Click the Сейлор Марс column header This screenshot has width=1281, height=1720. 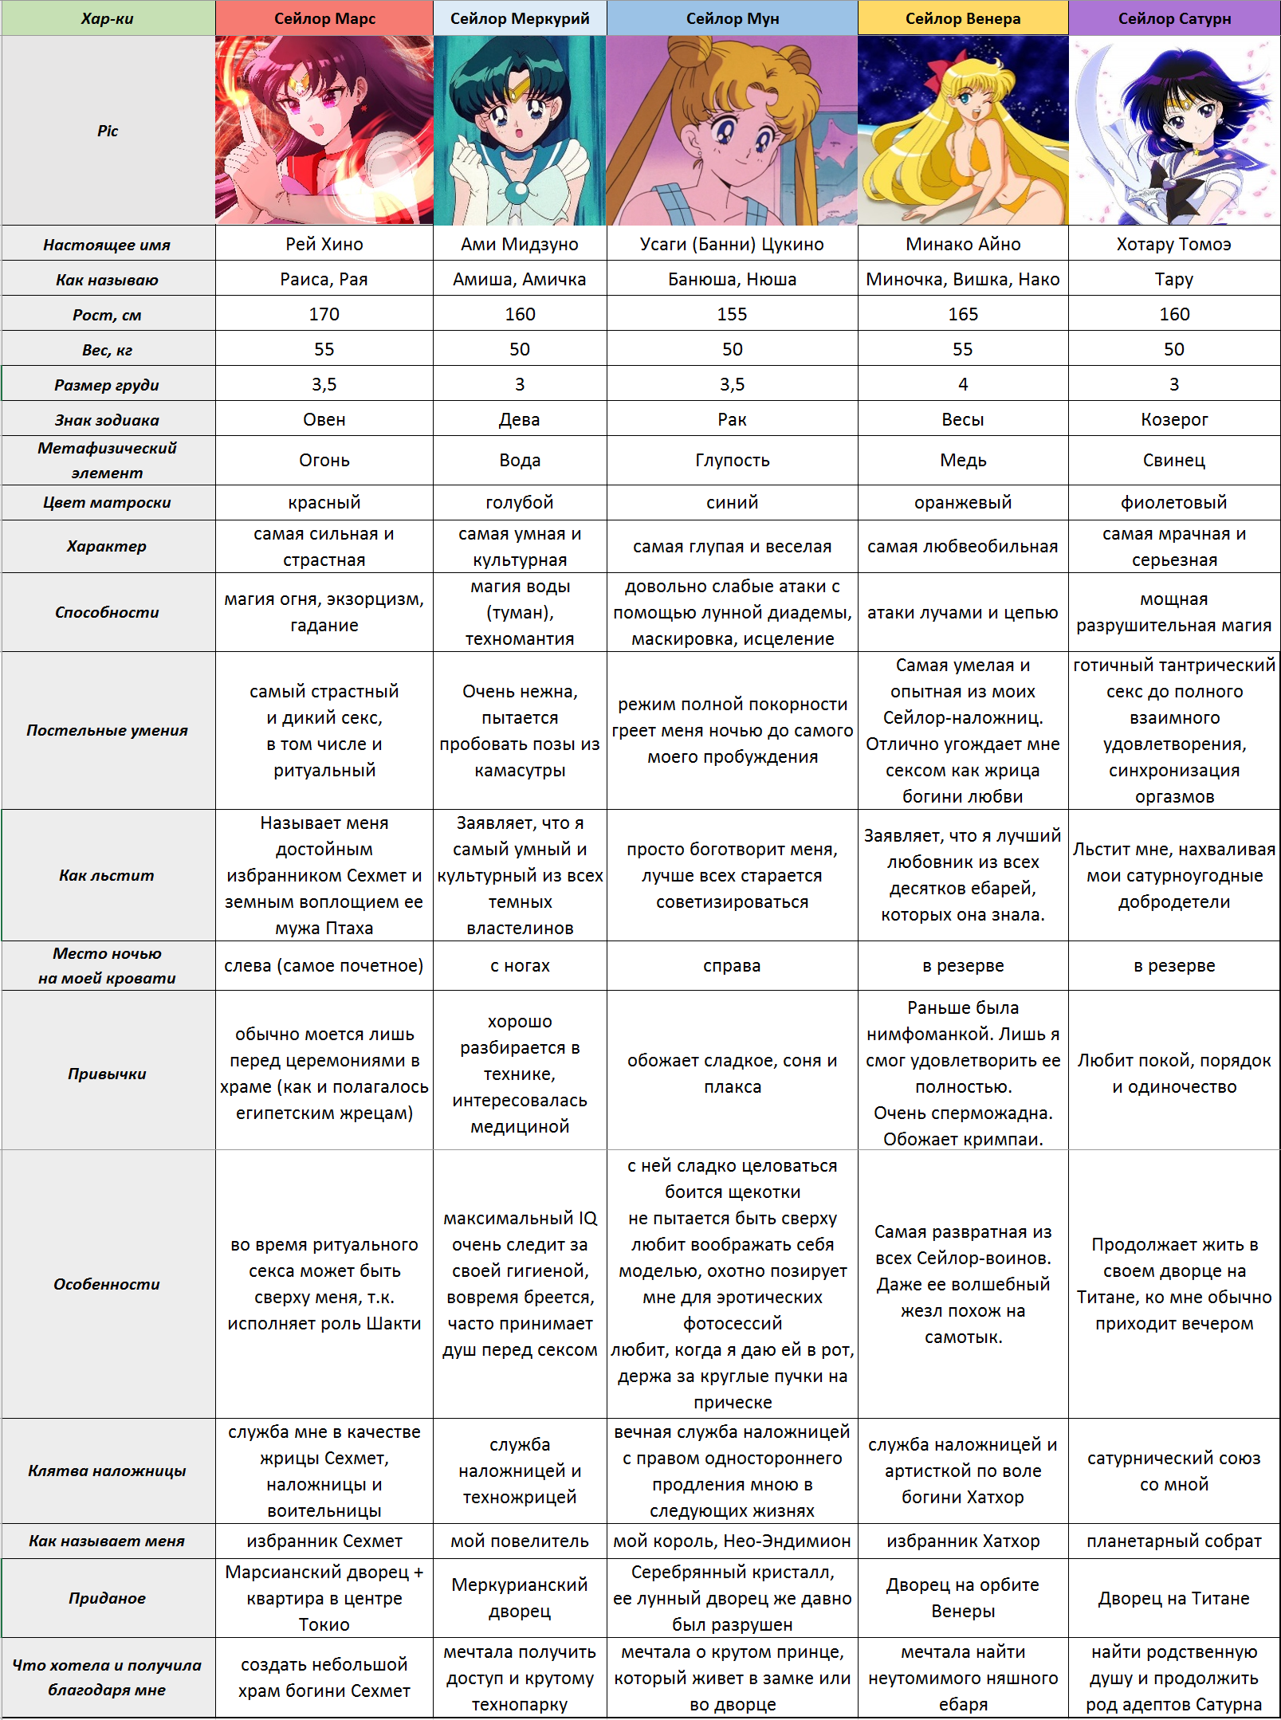(324, 18)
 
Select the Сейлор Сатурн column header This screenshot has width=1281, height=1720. (1174, 18)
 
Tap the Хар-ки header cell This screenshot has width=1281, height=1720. (108, 18)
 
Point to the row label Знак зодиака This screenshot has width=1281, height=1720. (108, 420)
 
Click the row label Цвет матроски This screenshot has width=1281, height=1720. (108, 502)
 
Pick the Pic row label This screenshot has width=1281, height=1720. (108, 131)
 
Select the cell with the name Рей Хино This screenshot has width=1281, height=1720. (324, 244)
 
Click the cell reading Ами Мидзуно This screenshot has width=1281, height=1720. (520, 244)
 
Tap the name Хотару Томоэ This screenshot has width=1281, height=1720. (1174, 244)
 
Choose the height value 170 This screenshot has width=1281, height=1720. (324, 314)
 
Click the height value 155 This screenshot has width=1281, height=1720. (732, 314)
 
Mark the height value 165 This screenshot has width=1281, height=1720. (963, 314)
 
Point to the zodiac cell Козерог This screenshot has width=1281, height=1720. (1174, 419)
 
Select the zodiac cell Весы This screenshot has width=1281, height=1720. (963, 419)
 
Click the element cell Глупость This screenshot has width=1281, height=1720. (732, 460)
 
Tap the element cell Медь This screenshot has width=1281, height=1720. (963, 460)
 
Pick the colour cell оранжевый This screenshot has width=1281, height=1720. (963, 502)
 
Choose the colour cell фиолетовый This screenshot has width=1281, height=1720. (1174, 502)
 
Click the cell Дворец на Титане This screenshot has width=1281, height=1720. (1174, 1598)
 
